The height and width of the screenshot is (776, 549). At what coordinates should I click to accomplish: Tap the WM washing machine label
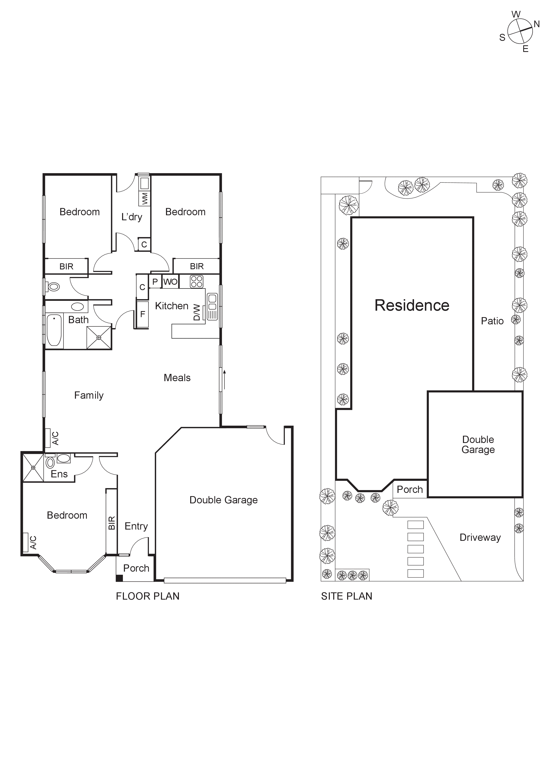click(145, 198)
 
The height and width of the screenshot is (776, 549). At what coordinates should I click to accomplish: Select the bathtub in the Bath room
click(54, 330)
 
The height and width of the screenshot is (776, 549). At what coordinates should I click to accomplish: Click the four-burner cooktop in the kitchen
click(196, 281)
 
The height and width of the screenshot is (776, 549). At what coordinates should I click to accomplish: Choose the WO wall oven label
click(170, 281)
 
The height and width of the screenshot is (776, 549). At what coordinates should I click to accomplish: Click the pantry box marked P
click(155, 281)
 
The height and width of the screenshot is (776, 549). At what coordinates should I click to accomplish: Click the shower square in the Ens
click(33, 467)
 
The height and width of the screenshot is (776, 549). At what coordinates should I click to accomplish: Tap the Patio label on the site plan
click(492, 321)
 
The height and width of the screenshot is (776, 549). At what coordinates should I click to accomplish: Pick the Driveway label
click(480, 538)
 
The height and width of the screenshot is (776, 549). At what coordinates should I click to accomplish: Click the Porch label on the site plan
click(410, 489)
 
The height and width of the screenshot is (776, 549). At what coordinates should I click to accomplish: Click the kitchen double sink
click(212, 302)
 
